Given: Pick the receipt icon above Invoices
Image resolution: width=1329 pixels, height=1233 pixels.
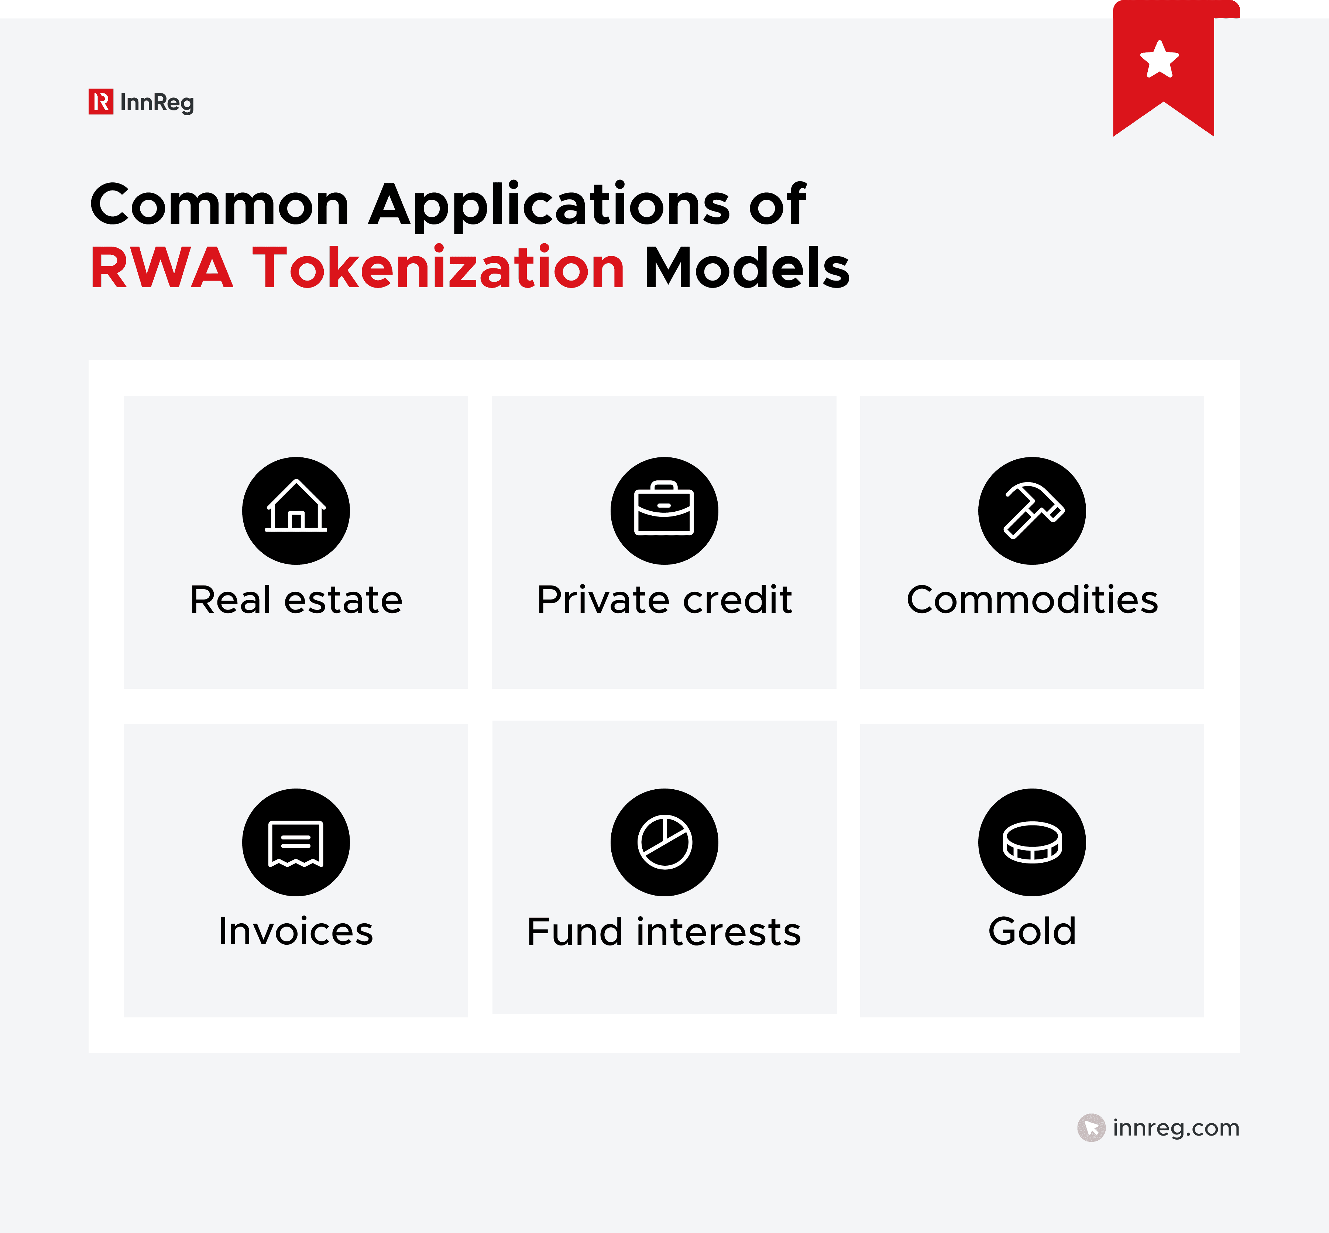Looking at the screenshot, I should click(296, 842).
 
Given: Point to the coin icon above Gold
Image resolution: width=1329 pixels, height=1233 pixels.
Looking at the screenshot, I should click(1032, 842).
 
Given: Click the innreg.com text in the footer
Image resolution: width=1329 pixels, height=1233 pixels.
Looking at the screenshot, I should click(1175, 1127).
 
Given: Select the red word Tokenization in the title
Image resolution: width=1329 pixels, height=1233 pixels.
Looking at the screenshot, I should click(438, 268).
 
